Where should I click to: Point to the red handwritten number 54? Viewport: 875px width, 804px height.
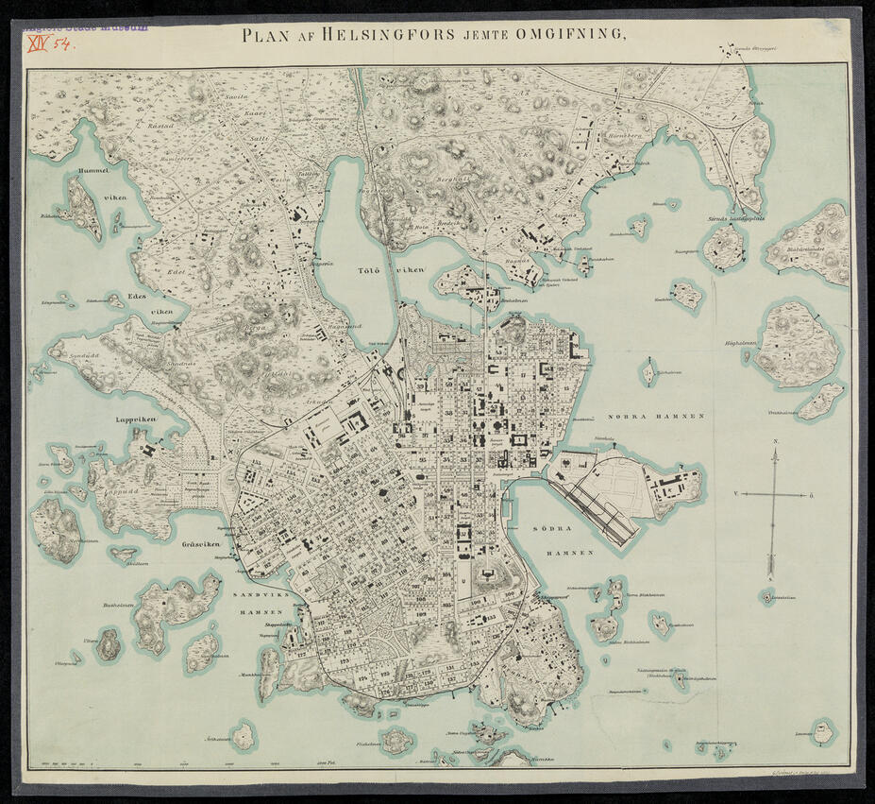point(63,43)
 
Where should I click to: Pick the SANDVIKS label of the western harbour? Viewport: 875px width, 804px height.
point(253,598)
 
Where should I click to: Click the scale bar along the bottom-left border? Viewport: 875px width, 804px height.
point(170,761)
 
